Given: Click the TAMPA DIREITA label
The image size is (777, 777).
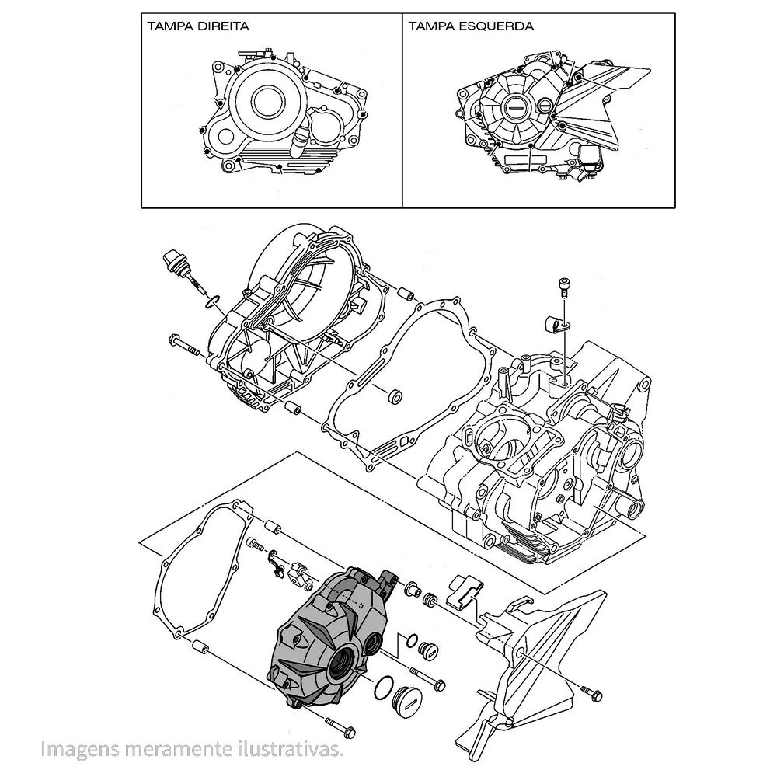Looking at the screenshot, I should [197, 26].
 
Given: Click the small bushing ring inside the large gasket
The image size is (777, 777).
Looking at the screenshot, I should [395, 398].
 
